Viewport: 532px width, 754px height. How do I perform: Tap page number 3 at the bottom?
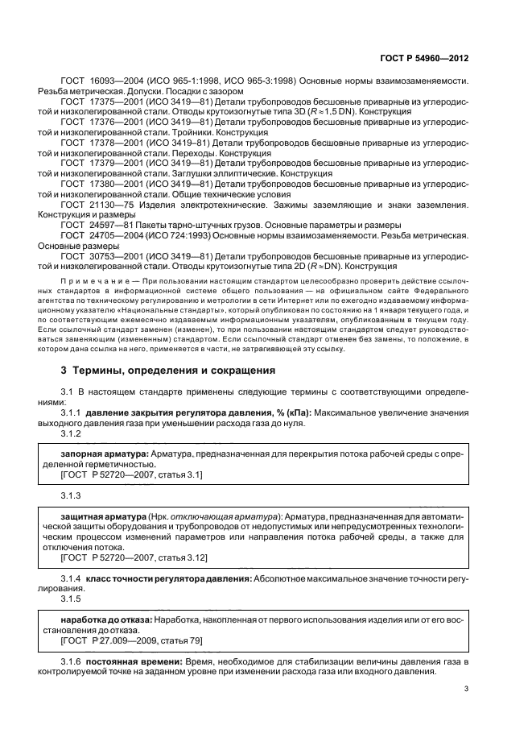coord(468,688)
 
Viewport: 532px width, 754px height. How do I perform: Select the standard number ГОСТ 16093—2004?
coord(101,81)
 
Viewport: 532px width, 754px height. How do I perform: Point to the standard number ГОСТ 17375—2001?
coord(101,101)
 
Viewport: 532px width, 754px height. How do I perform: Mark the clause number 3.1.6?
coord(72,661)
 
